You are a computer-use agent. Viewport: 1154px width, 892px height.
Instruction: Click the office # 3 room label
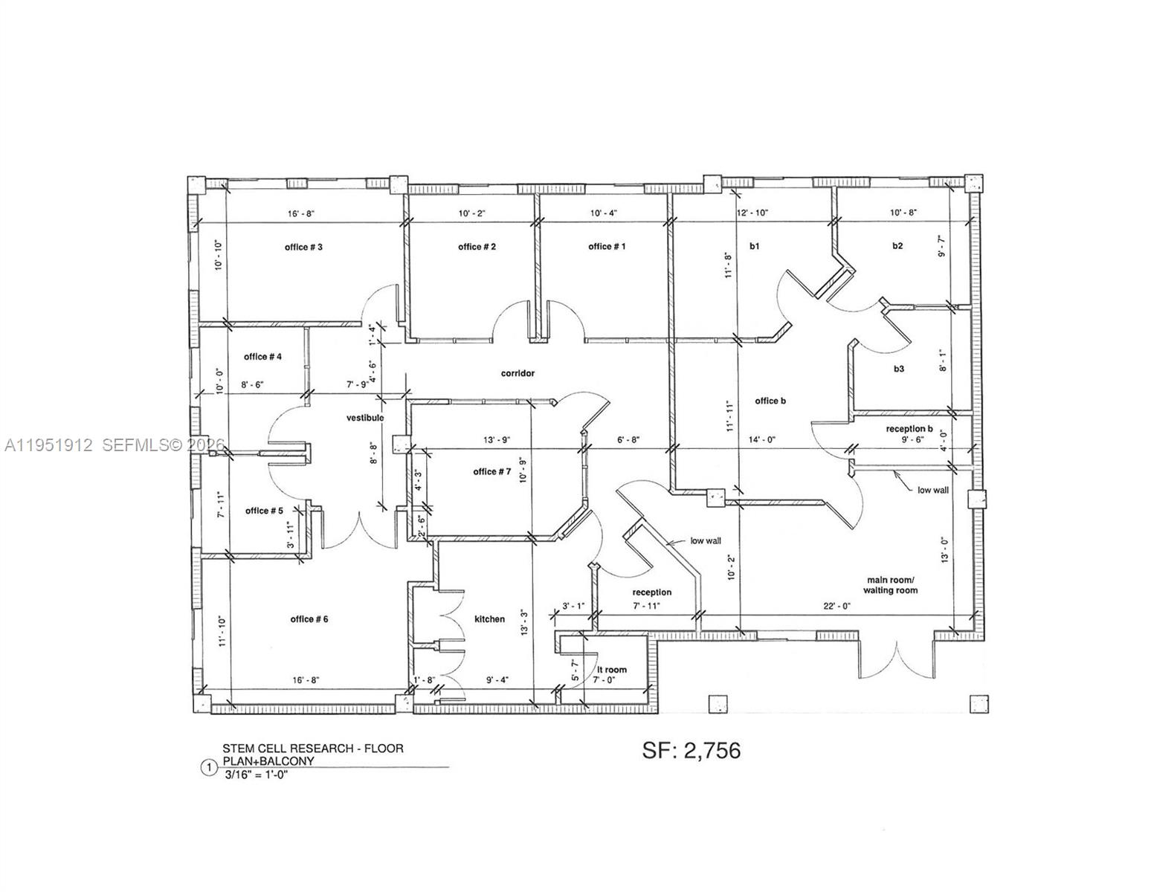click(303, 247)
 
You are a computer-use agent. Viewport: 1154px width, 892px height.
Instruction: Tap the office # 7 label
click(491, 471)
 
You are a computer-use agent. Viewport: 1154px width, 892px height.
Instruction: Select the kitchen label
click(489, 618)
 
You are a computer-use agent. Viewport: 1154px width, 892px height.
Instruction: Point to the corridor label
click(518, 373)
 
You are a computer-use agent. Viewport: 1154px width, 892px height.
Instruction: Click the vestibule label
click(365, 418)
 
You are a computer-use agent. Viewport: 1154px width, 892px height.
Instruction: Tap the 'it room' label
click(610, 670)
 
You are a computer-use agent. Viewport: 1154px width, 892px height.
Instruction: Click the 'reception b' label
click(909, 429)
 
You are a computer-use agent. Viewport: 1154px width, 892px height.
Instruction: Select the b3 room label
click(899, 369)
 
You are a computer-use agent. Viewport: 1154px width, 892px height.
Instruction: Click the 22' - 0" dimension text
click(837, 606)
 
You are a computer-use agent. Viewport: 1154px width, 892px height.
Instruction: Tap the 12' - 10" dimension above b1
click(752, 213)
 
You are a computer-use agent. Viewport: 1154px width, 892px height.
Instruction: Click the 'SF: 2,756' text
click(692, 751)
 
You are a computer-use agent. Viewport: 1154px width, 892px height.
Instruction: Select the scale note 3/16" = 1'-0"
click(255, 775)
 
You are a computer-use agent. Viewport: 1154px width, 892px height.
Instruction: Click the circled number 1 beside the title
click(210, 767)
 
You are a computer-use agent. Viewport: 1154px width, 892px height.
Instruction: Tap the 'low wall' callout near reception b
click(932, 490)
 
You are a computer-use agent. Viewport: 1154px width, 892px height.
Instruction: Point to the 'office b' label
click(770, 401)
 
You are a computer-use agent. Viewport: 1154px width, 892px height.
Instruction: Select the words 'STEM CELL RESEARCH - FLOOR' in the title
click(313, 749)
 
